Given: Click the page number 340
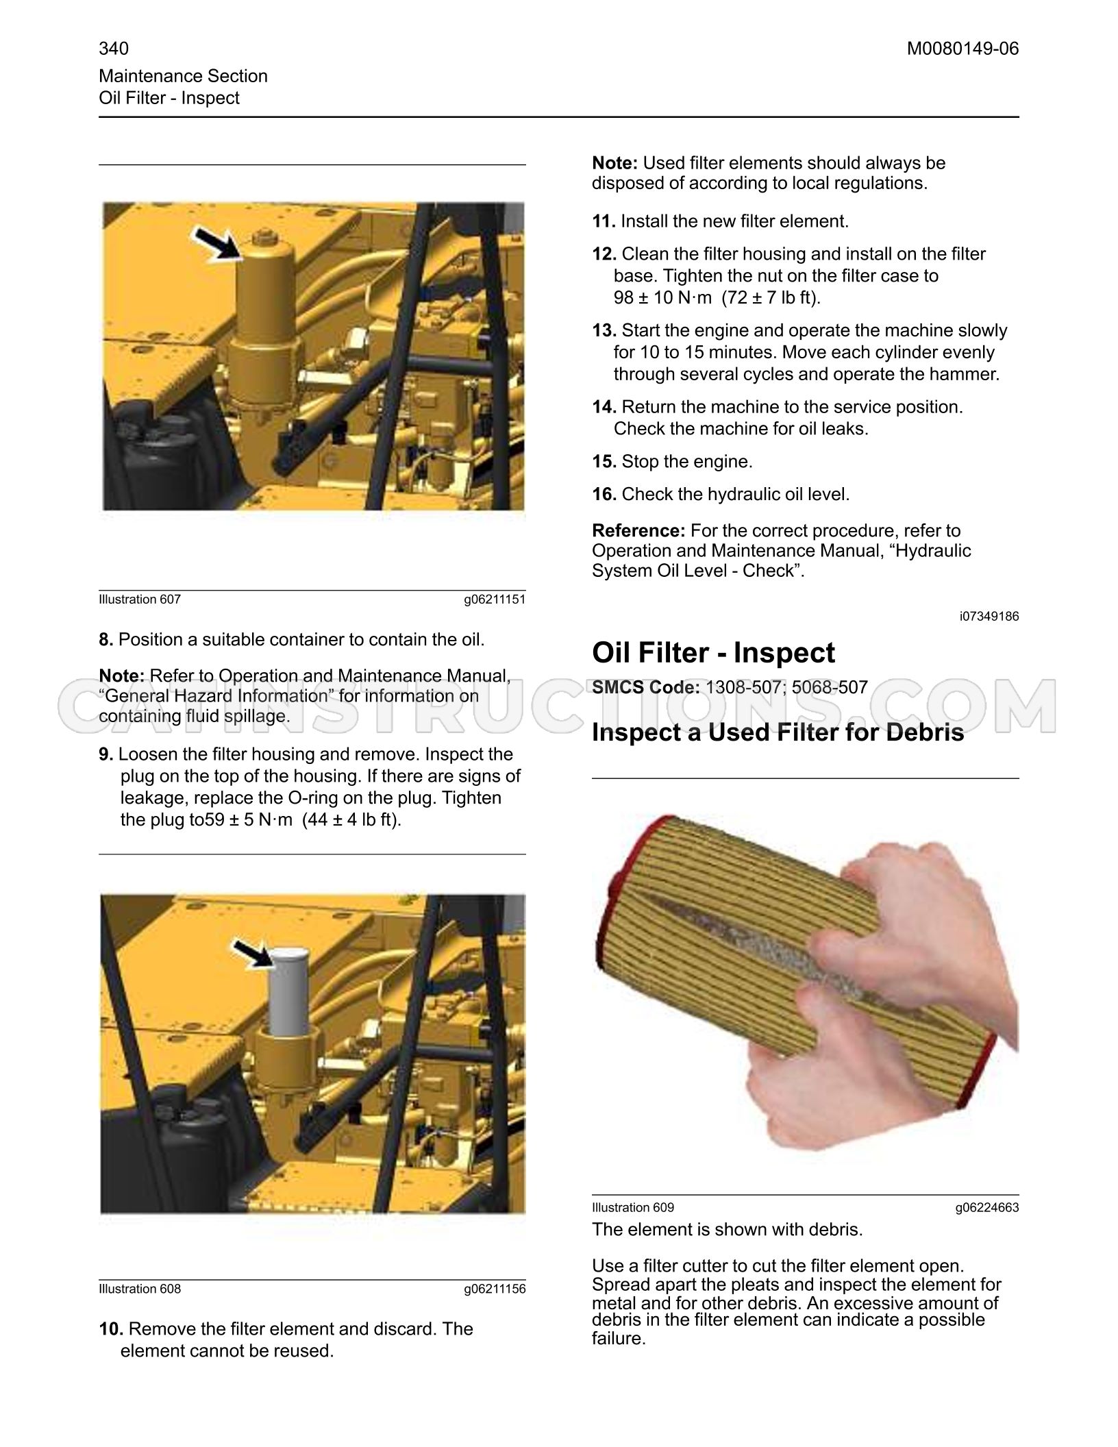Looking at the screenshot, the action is point(114,49).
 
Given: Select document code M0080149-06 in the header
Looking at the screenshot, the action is point(962,49).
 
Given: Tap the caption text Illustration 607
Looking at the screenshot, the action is point(140,599).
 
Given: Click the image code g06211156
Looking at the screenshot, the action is point(495,1289).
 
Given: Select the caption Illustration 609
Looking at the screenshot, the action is point(633,1207).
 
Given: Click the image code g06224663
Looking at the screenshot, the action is point(987,1207).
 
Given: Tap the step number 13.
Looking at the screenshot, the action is point(604,330).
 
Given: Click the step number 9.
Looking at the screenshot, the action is point(106,754).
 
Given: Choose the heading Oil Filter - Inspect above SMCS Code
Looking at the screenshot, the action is point(713,652).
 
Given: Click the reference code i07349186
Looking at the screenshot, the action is point(989,617).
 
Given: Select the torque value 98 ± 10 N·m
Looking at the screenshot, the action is point(662,297).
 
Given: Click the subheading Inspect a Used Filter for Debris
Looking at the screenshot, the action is point(778,732).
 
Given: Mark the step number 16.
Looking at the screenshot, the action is point(604,494).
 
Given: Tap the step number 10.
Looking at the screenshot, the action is point(111,1329).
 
